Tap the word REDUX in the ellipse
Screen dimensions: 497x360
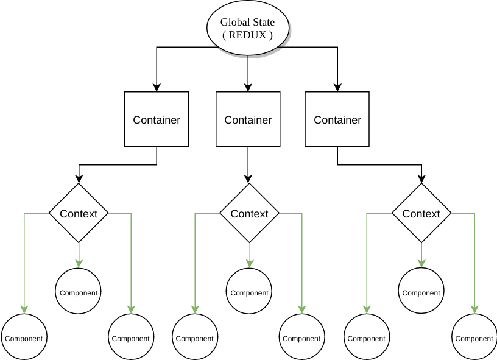pyautogui.click(x=247, y=35)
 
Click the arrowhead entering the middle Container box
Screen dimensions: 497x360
pyautogui.click(x=248, y=88)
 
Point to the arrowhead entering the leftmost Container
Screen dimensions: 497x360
pyautogui.click(x=157, y=88)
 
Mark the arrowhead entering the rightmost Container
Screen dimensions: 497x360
pyautogui.click(x=337, y=88)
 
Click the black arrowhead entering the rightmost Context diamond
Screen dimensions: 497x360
pyautogui.click(x=421, y=179)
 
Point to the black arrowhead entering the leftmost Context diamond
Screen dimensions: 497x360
pyautogui.click(x=79, y=179)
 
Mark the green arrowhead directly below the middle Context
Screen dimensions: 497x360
pyautogui.click(x=250, y=264)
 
